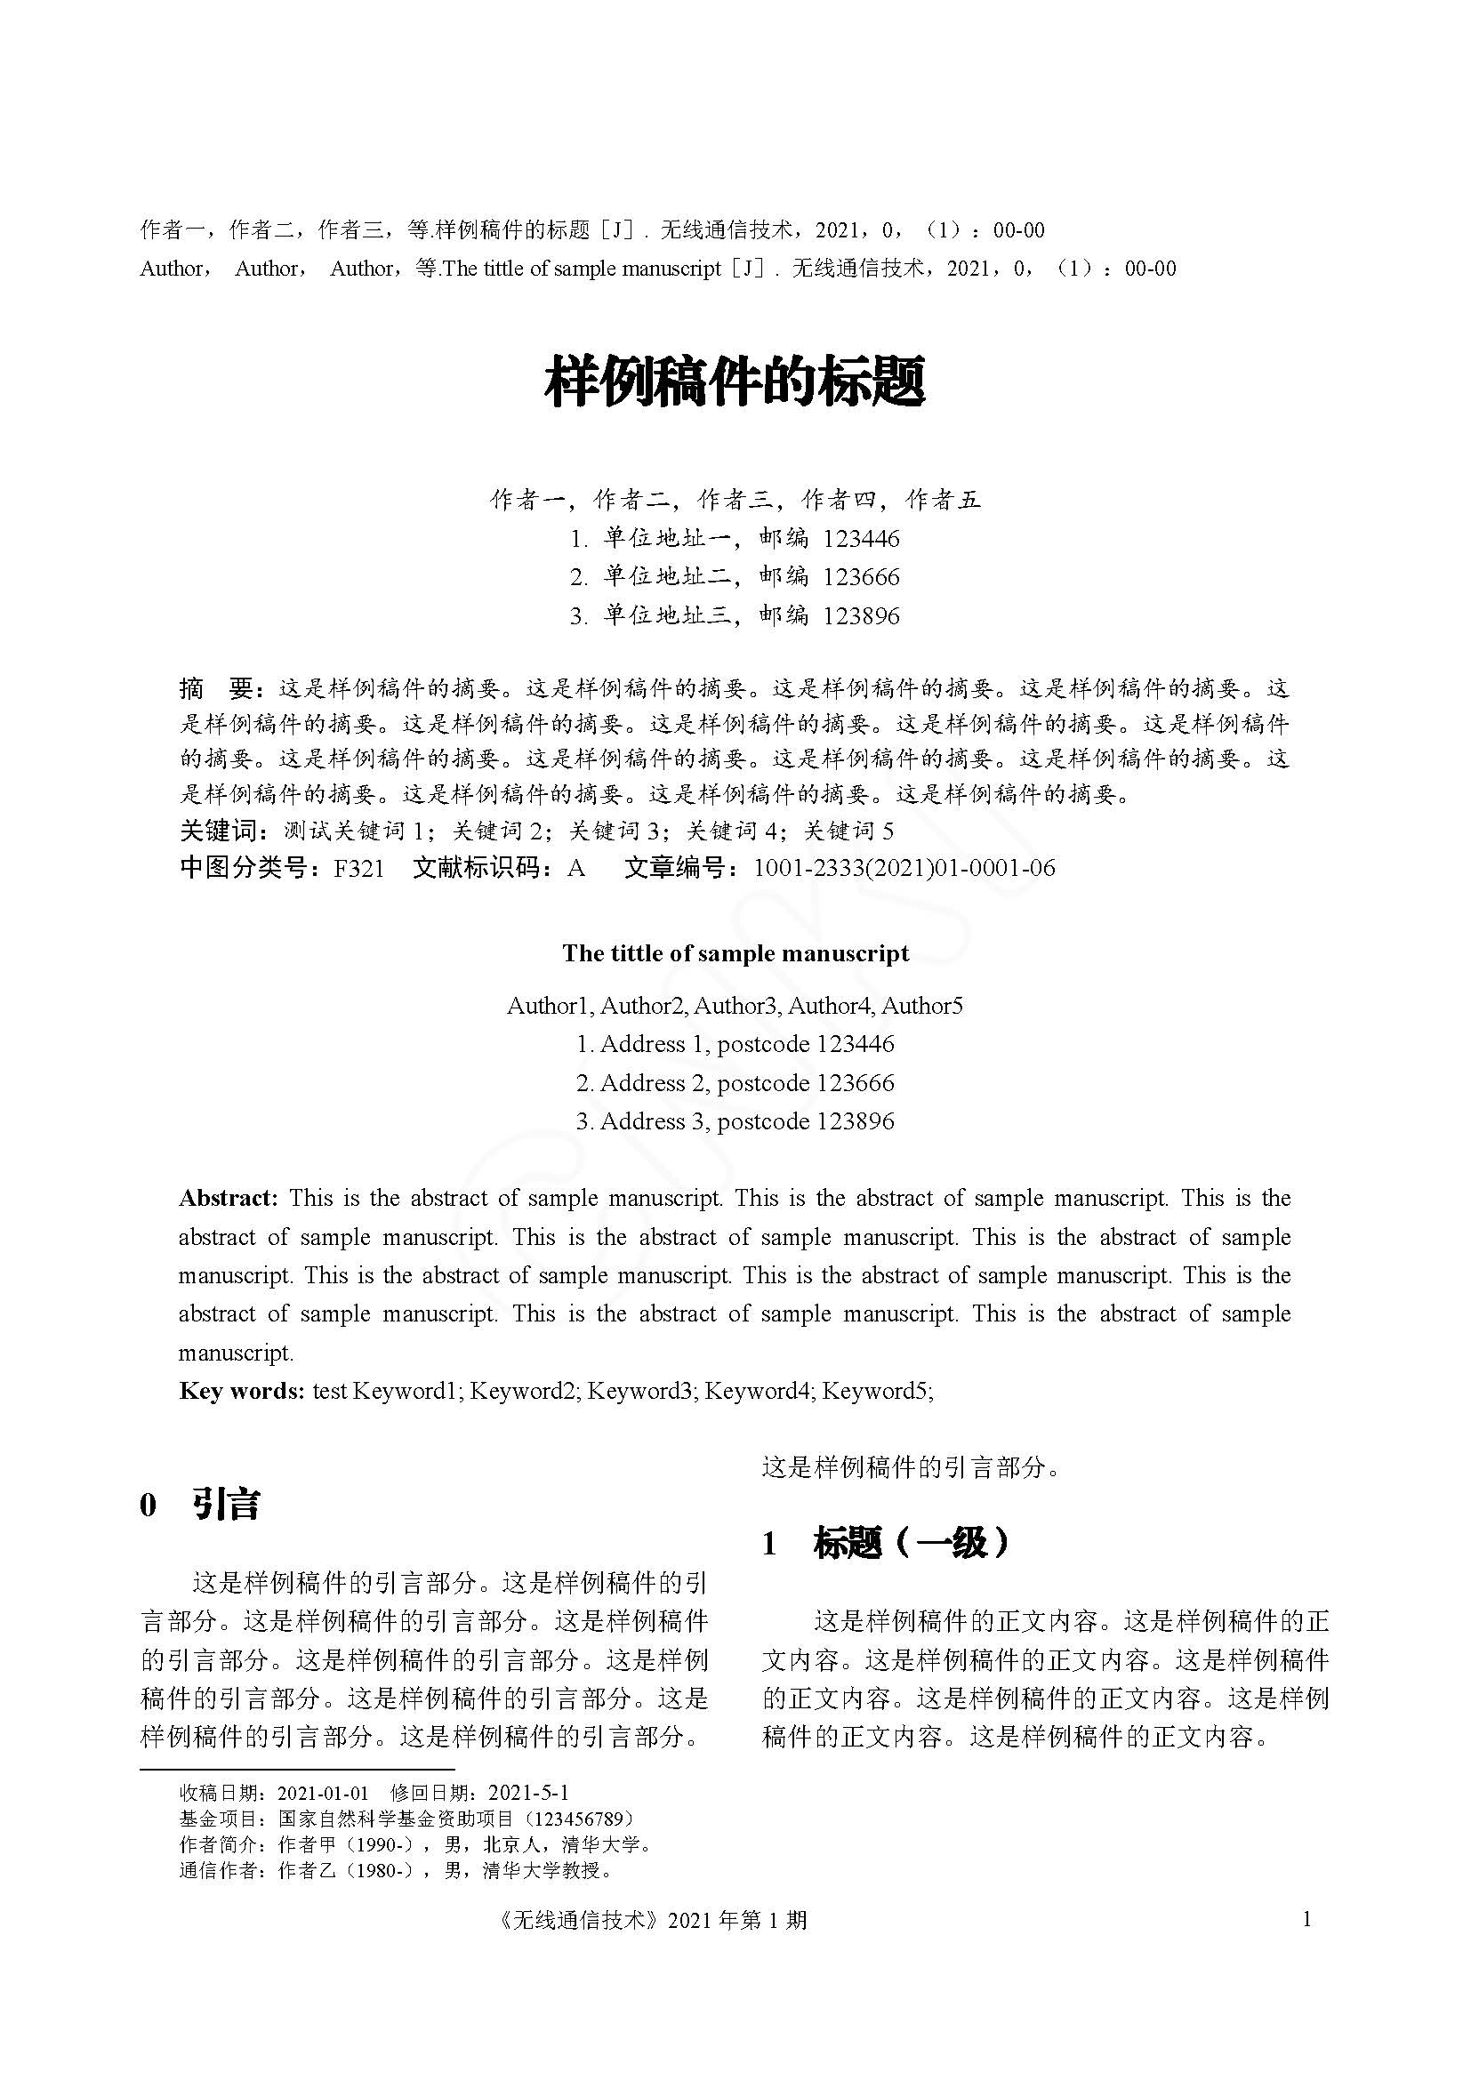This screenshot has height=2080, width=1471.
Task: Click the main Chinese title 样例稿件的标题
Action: point(735,381)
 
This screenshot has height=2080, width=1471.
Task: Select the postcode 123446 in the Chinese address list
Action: point(861,539)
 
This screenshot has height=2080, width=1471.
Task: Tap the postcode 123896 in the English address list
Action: point(855,1121)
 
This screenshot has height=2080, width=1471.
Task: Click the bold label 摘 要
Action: point(221,689)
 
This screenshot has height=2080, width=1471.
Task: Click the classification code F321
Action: point(358,869)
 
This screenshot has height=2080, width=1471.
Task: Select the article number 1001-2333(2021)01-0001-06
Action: point(904,869)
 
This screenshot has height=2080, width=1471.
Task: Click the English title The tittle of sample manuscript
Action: point(735,953)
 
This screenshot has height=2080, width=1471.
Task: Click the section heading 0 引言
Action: point(201,1505)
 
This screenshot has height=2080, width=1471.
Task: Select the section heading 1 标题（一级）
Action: point(886,1543)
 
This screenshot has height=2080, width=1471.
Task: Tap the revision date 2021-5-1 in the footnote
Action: point(528,1793)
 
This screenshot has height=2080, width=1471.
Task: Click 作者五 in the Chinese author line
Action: point(943,499)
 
